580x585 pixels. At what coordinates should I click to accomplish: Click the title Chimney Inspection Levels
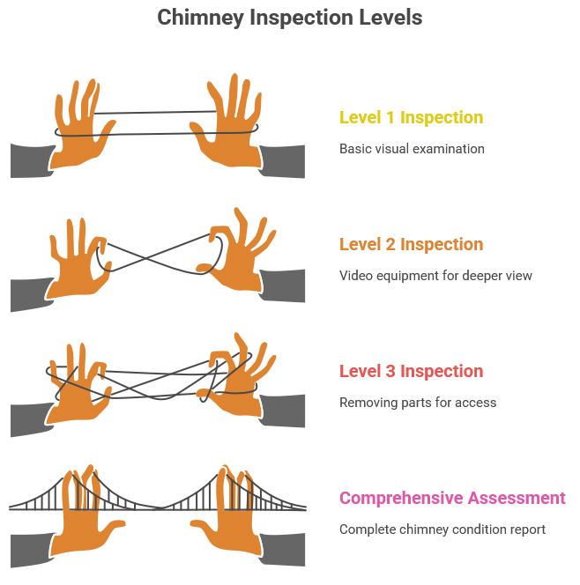click(x=289, y=18)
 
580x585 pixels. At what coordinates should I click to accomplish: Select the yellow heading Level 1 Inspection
click(x=411, y=117)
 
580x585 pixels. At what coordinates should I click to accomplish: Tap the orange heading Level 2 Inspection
click(x=411, y=244)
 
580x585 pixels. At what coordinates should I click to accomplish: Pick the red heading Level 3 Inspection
click(x=411, y=371)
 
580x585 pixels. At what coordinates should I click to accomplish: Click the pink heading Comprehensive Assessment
click(x=452, y=498)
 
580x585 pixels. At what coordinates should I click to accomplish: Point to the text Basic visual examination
click(x=412, y=149)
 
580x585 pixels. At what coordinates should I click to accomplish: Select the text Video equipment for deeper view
click(x=435, y=276)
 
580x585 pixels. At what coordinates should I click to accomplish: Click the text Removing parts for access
click(x=418, y=403)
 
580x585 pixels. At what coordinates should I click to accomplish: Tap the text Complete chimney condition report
click(x=442, y=529)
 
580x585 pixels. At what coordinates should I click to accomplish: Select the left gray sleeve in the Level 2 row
click(x=29, y=292)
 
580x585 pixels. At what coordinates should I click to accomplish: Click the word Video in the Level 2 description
click(x=356, y=276)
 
